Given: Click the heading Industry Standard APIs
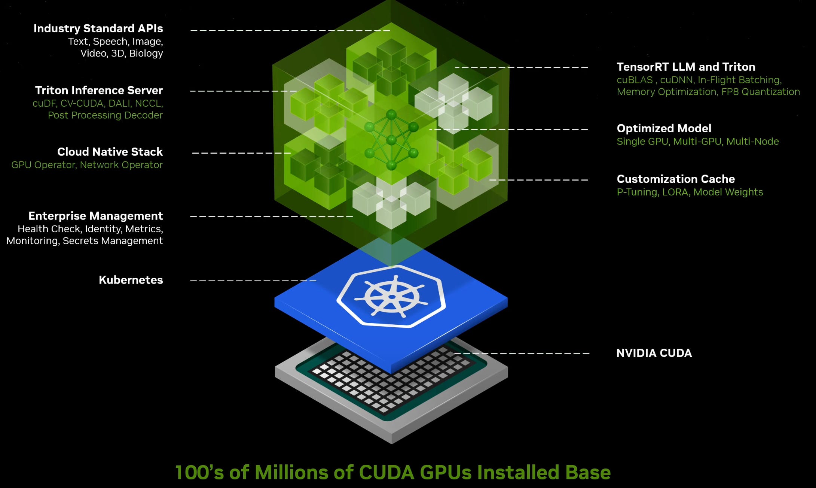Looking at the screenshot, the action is point(98,28).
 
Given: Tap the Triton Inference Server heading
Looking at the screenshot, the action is point(99,90).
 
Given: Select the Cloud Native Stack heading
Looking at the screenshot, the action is point(110,152).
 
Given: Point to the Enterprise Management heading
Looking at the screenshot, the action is point(95,216).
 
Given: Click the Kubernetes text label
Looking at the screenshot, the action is point(131,280).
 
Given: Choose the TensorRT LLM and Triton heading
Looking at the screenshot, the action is point(686,67).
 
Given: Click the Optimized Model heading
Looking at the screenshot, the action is point(664,128).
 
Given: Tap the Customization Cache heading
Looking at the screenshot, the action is point(675,179).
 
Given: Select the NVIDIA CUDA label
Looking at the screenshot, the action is point(654,353).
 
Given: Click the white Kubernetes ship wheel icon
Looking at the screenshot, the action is point(391,297).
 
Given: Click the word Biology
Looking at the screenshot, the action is point(146,53).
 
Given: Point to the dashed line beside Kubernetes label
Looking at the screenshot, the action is point(253,280).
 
